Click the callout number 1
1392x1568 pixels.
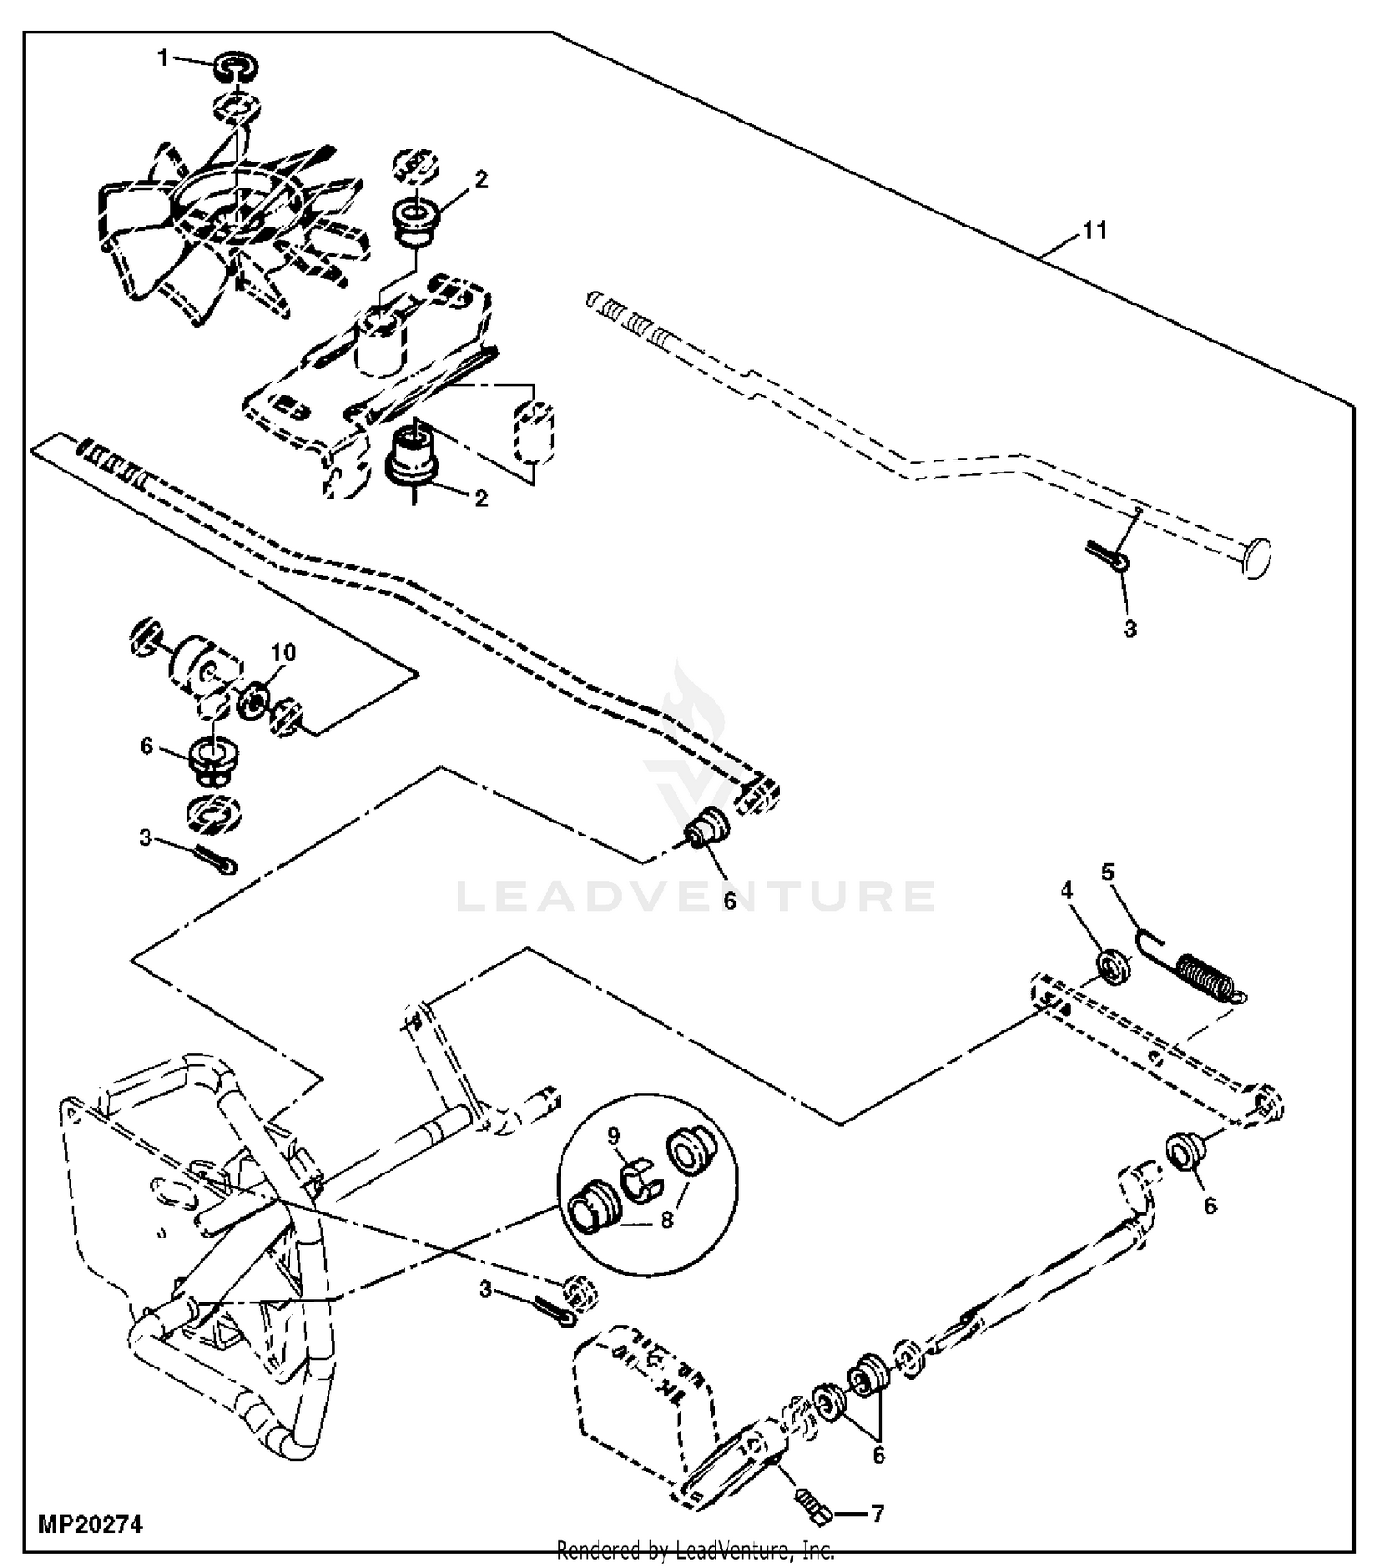tap(163, 58)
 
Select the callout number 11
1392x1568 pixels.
tap(1095, 229)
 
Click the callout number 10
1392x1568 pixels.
tap(283, 653)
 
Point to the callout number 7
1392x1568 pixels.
tap(878, 1514)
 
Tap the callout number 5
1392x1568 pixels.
tap(1107, 872)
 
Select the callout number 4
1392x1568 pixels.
tap(1066, 890)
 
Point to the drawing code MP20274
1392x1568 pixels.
tap(91, 1523)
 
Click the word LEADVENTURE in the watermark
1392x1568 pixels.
tap(696, 897)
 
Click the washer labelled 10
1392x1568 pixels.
tap(253, 700)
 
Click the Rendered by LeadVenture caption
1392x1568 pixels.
tap(695, 1549)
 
